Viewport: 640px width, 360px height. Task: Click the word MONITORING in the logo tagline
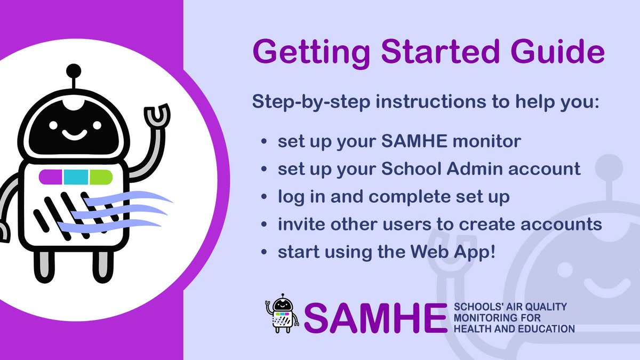coord(484,318)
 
